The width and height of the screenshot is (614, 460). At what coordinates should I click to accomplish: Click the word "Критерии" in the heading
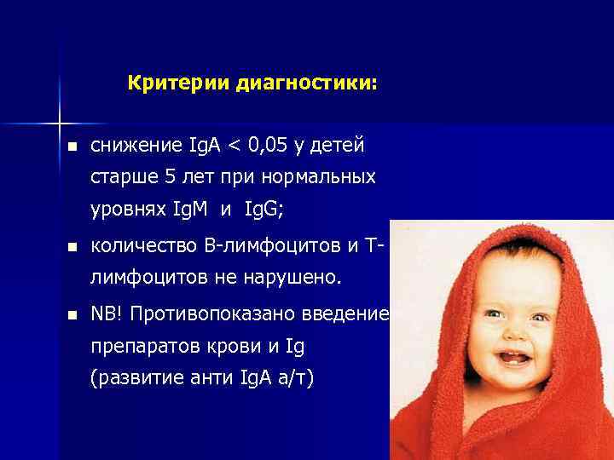coord(168,84)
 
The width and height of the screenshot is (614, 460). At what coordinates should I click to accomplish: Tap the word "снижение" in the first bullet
coord(131,146)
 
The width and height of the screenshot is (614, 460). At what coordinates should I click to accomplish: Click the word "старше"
coord(121,177)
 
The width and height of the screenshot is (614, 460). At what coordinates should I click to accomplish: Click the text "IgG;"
coord(266,209)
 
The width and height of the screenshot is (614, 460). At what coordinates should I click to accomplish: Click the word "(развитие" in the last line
coord(134,377)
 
